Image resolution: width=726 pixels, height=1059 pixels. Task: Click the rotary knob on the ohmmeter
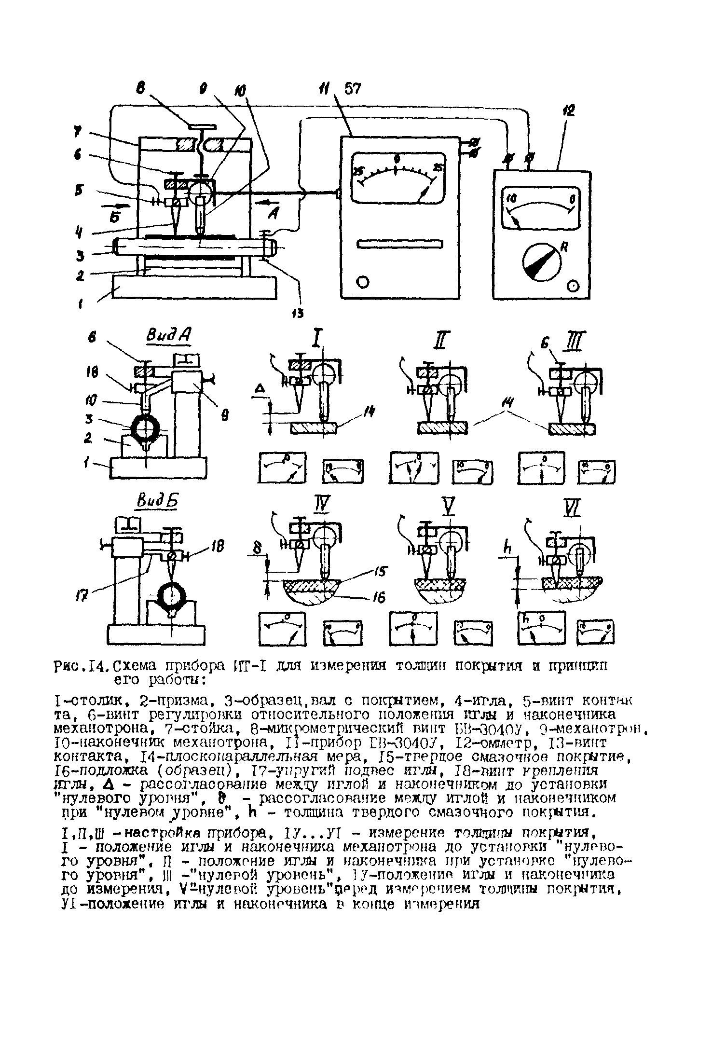542,263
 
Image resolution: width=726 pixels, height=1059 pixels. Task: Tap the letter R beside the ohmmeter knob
562,247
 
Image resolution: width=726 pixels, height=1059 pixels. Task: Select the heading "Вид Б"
157,502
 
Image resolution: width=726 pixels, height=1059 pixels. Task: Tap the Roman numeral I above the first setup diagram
316,342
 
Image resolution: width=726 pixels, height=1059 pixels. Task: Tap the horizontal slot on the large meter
399,245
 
